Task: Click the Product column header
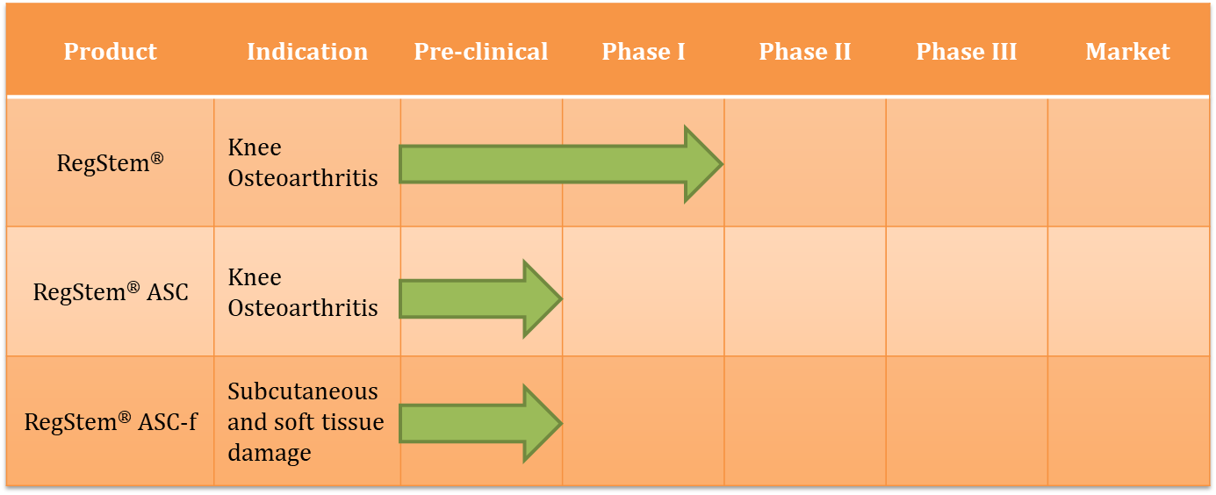click(111, 52)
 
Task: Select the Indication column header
click(307, 52)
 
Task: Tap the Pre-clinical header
click(481, 52)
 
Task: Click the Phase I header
click(644, 52)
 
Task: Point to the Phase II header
click(805, 52)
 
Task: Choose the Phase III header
click(967, 52)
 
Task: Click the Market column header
click(1127, 52)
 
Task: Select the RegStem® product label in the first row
click(111, 162)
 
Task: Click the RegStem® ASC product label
click(111, 291)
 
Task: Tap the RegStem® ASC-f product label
click(111, 421)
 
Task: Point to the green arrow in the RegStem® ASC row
click(480, 298)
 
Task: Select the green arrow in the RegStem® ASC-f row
click(480, 423)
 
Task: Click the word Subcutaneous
click(303, 391)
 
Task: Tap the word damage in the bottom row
click(270, 453)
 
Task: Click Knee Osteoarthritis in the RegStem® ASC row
click(303, 292)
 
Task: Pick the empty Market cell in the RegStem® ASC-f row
click(1128, 420)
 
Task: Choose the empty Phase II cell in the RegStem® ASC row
click(805, 291)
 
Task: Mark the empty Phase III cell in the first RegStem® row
click(967, 162)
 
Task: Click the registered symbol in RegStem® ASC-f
click(125, 417)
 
